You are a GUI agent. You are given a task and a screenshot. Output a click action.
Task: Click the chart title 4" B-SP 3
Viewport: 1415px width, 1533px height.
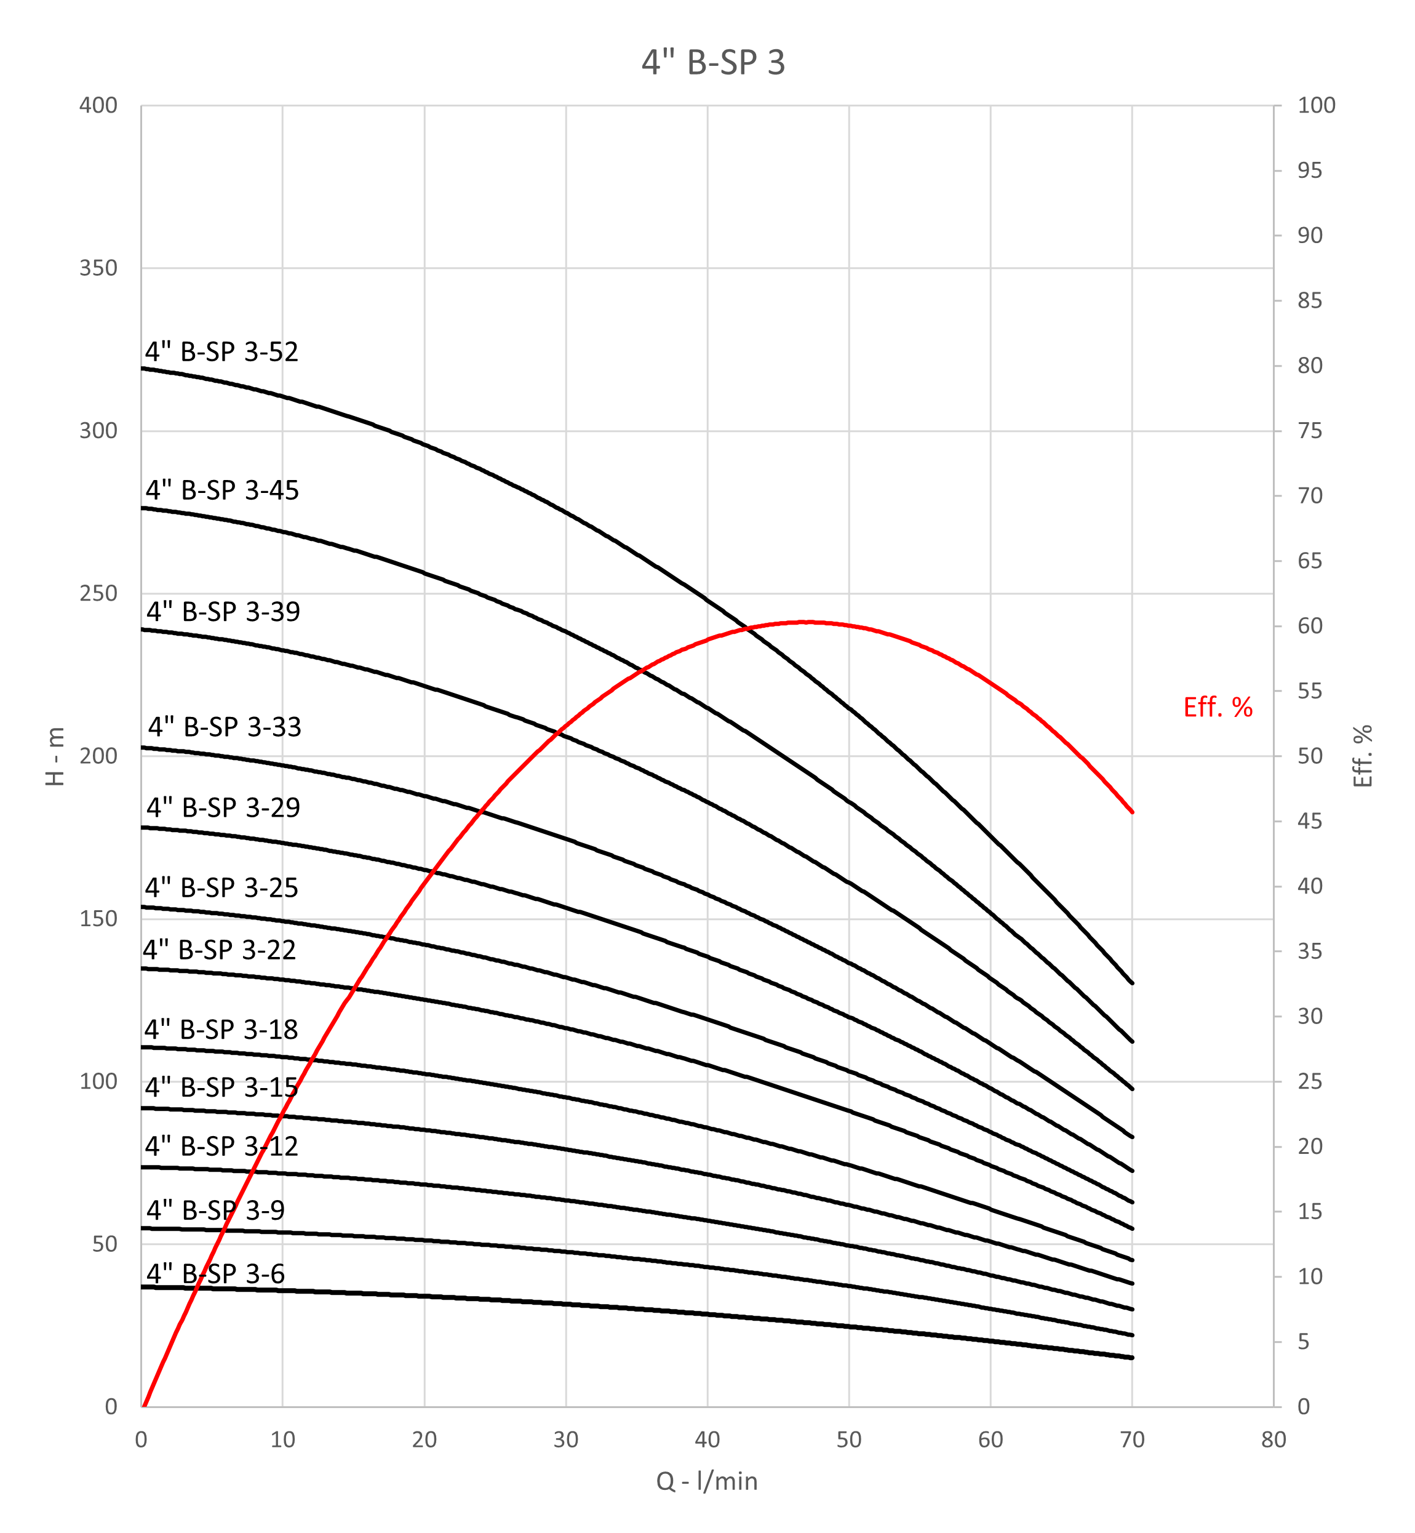713,62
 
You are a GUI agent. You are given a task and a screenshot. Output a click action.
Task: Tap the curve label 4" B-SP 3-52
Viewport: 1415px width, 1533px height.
222,351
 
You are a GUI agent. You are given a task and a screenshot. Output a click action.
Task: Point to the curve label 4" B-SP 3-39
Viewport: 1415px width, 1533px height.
223,612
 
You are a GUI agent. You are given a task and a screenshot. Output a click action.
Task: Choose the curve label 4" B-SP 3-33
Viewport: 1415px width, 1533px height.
225,727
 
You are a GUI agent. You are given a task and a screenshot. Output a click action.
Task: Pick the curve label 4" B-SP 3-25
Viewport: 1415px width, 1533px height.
221,887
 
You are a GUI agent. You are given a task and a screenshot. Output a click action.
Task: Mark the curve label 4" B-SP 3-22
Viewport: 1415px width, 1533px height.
219,950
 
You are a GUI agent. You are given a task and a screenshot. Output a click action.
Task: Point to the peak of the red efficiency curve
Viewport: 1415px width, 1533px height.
808,622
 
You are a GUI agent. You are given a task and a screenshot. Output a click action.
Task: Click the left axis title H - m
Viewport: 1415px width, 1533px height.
55,756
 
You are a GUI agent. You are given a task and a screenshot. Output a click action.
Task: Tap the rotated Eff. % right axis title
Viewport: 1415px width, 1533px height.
1363,756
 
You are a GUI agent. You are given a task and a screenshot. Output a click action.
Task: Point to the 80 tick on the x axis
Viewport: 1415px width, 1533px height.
1273,1439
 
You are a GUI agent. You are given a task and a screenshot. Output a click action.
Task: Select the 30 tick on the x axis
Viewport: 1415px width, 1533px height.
566,1439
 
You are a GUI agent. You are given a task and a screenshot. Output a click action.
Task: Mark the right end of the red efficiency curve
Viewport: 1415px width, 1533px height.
1132,812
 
